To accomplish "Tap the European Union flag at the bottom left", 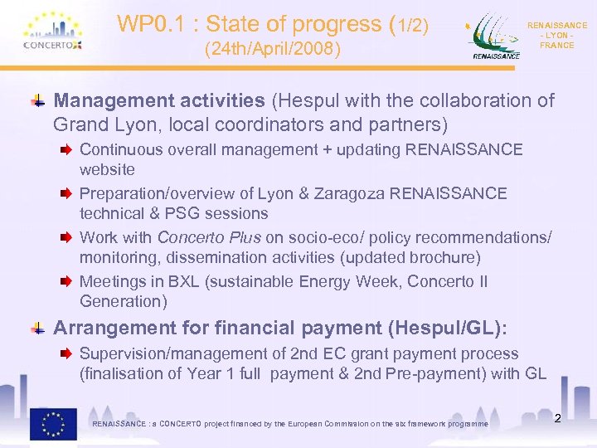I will (x=53, y=423).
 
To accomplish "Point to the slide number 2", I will (x=557, y=418).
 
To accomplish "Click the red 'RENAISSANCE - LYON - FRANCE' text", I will (x=556, y=36).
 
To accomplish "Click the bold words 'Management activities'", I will (x=158, y=101).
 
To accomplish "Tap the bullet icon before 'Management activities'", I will (x=38, y=101).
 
